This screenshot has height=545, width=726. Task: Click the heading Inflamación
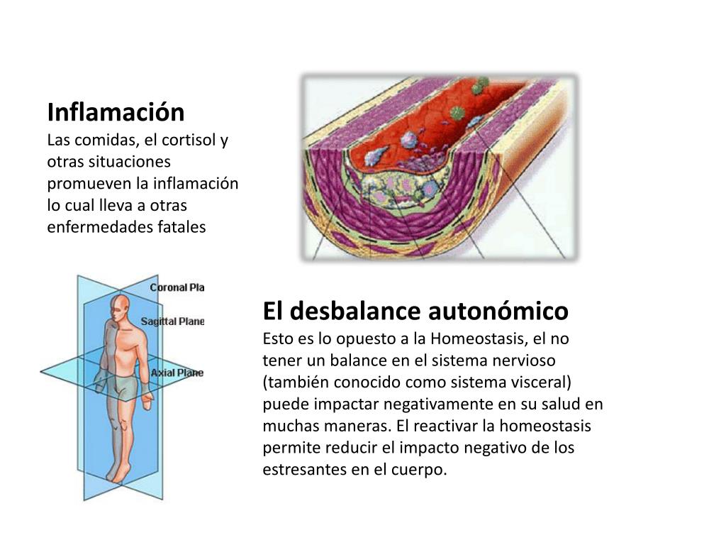pos(116,112)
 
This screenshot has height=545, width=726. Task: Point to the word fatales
pos(181,227)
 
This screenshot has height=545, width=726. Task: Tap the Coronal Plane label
pos(177,287)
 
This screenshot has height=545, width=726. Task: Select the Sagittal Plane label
pos(172,321)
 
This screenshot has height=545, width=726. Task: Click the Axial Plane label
pos(177,373)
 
